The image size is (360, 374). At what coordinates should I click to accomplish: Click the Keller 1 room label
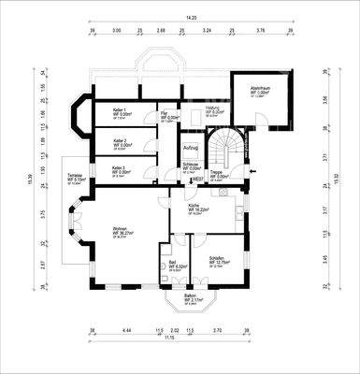click(119, 110)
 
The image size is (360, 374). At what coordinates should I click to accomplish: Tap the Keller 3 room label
click(120, 168)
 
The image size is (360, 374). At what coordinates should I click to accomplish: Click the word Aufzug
click(191, 149)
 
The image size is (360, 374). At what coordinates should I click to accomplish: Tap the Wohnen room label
click(119, 231)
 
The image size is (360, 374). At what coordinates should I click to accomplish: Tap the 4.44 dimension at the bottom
click(128, 330)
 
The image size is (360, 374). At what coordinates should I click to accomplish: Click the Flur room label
click(165, 112)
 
